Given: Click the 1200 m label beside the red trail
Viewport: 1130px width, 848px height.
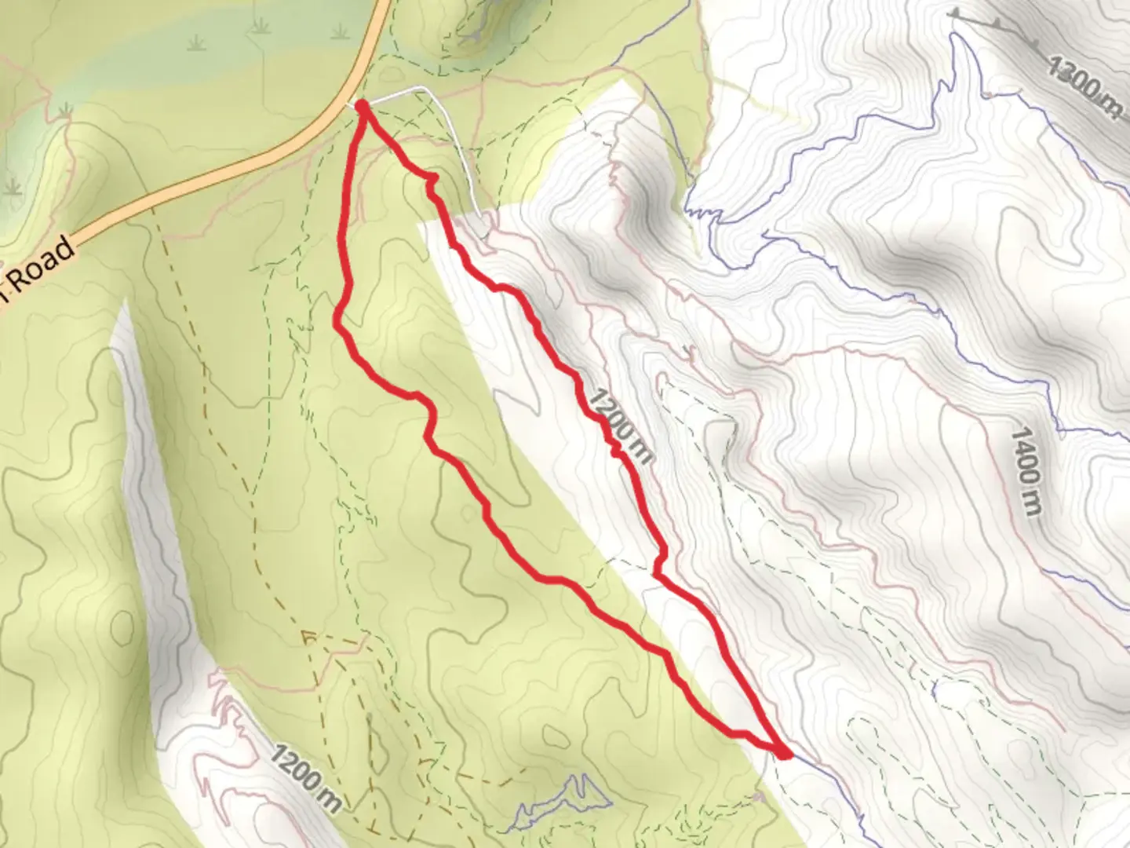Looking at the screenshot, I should tap(619, 425).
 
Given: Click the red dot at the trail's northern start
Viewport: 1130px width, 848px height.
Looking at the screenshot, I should tap(363, 105).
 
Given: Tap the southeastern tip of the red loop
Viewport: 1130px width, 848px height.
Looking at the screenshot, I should tap(784, 754).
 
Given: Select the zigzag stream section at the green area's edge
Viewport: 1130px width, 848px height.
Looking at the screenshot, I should tap(702, 212).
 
